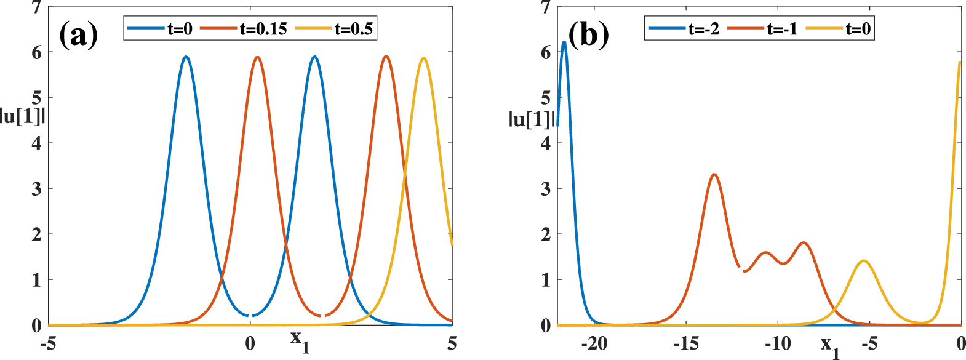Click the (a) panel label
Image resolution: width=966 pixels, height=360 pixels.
[78, 35]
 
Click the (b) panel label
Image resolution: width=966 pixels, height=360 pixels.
[588, 35]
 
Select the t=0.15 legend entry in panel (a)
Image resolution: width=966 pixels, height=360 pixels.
[263, 29]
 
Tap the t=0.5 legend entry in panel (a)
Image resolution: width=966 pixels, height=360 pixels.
[354, 29]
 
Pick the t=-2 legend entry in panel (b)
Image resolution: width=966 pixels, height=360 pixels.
[703, 29]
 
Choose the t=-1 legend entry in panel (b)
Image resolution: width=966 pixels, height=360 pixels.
[782, 29]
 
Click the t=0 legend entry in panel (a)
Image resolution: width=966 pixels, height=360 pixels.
[180, 29]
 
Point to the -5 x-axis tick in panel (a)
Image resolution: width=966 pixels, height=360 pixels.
[48, 343]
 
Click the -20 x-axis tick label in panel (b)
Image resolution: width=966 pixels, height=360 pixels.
[594, 343]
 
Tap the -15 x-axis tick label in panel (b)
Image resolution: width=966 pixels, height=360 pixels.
[685, 343]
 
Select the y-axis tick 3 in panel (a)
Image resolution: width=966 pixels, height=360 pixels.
[37, 188]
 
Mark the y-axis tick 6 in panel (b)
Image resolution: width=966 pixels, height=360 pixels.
[546, 52]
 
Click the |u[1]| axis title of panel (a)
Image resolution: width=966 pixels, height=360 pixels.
[23, 116]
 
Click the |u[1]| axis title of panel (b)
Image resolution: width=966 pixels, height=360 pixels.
[532, 118]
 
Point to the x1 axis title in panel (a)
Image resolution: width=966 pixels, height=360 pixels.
[300, 340]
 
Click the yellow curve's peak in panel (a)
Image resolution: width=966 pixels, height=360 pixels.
[423, 58]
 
